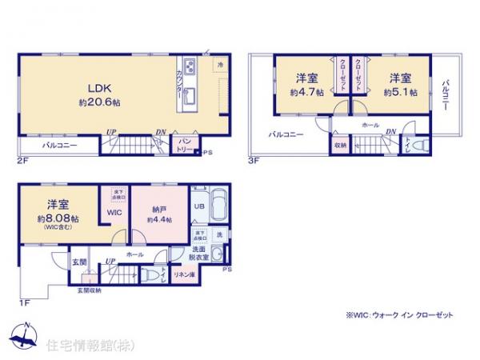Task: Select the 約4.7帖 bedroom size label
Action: coord(308,93)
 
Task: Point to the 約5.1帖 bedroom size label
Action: coord(400,93)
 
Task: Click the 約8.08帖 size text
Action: coord(65,218)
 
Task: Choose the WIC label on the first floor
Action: coord(114,213)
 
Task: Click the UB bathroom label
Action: coord(198,207)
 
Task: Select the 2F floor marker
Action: coord(22,160)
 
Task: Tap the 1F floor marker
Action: coord(24,302)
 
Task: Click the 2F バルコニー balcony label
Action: coord(55,146)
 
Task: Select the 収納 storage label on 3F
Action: coord(340,145)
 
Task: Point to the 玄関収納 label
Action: coord(89,290)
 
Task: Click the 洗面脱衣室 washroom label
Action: coord(199,254)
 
